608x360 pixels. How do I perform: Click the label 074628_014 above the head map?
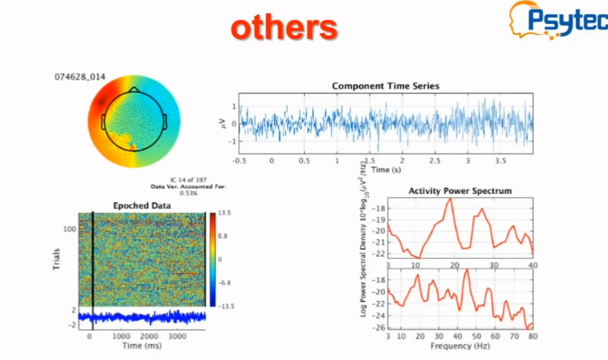pyautogui.click(x=75, y=77)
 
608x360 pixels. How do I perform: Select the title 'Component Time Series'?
pyautogui.click(x=385, y=86)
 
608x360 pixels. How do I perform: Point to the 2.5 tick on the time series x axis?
pyautogui.click(x=435, y=160)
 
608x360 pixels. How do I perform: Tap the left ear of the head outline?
pyautogui.click(x=103, y=122)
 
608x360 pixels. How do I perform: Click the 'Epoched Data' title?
pyautogui.click(x=142, y=206)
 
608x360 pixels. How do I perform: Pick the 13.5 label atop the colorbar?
pyautogui.click(x=224, y=213)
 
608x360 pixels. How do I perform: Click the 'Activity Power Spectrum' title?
pyautogui.click(x=460, y=191)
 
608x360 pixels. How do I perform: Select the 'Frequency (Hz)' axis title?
pyautogui.click(x=460, y=346)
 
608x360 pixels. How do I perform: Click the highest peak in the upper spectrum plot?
pyautogui.click(x=451, y=199)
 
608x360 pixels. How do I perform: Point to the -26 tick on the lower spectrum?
pyautogui.click(x=378, y=327)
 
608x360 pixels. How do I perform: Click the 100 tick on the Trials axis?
pyautogui.click(x=71, y=228)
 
